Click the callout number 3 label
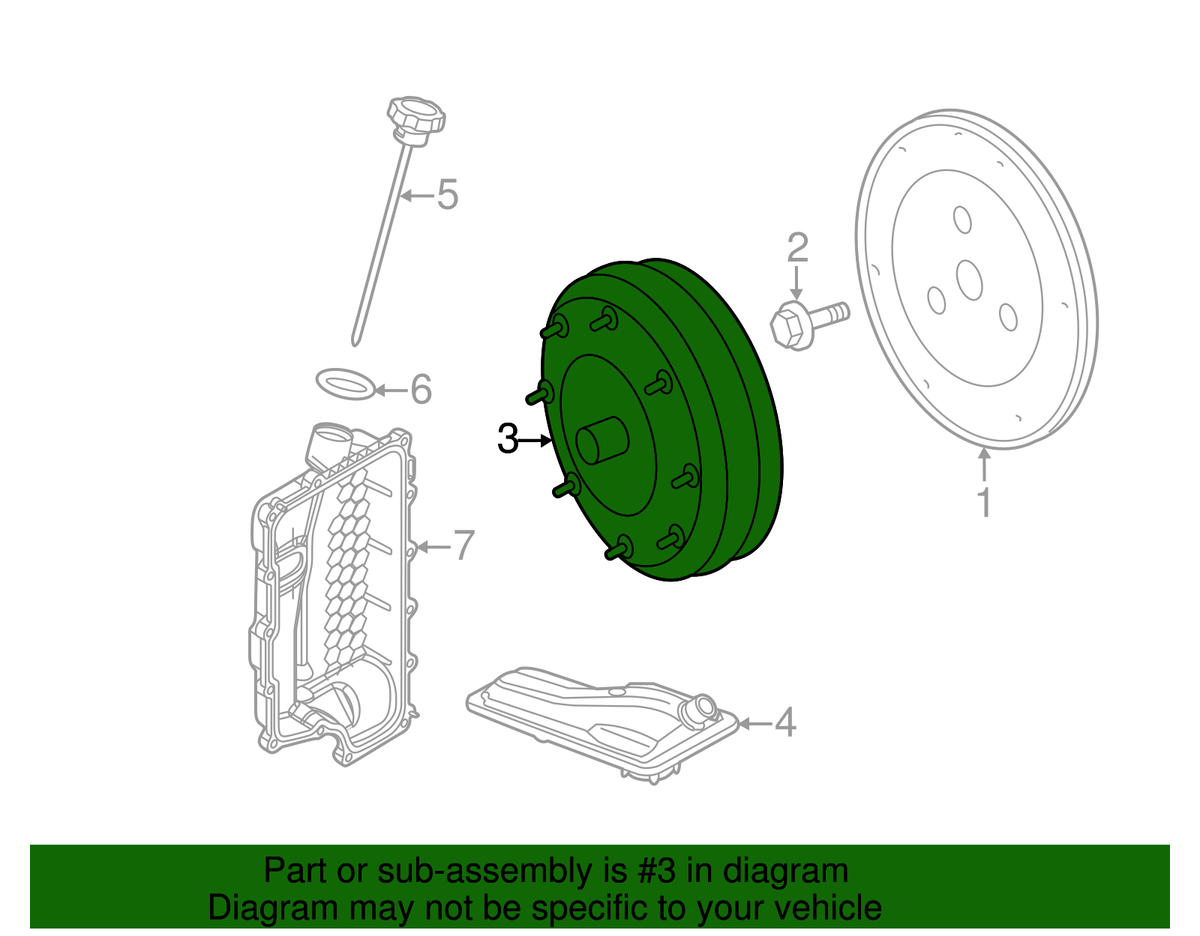pos(508,440)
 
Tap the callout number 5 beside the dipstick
pos(447,195)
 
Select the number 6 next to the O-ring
pos(421,390)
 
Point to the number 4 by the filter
pos(784,722)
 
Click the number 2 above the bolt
pos(797,248)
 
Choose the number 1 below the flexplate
pos(984,503)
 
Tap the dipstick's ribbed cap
pos(416,116)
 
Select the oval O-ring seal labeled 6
pos(344,384)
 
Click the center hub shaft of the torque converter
pos(601,440)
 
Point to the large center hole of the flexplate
pos(970,280)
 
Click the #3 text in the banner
pos(658,872)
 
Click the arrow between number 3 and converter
pos(535,441)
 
